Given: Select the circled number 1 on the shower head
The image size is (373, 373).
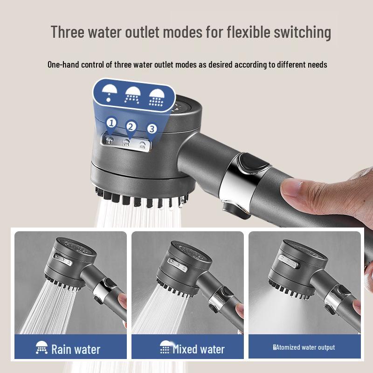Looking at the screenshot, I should point(111,123).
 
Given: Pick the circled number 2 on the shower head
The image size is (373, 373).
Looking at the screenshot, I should point(131,126).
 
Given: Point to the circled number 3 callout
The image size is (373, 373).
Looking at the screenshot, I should point(152,129).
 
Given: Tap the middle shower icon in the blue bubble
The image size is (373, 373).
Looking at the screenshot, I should point(132,95).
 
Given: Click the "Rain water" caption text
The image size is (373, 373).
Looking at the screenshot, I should point(76,349).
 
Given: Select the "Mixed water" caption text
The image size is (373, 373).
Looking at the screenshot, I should point(199,349).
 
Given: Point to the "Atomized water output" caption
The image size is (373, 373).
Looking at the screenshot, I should point(306,347).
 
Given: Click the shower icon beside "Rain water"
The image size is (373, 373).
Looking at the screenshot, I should point(41,348).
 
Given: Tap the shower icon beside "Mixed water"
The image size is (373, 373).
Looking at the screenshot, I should point(165,348).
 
